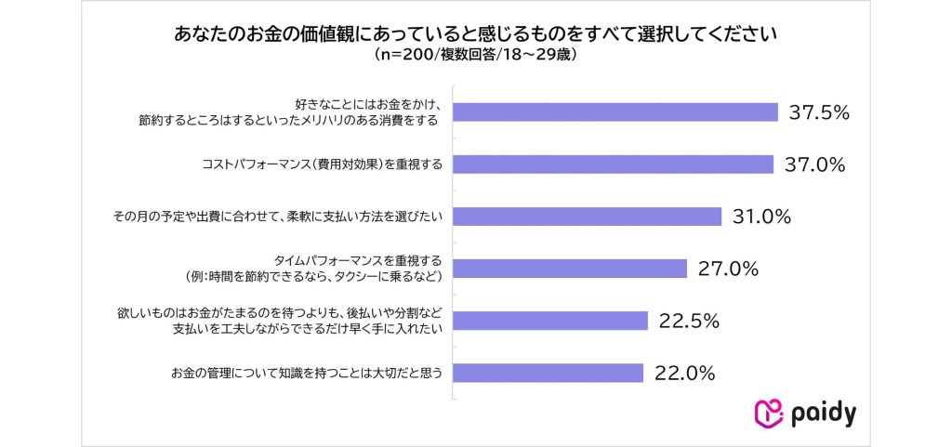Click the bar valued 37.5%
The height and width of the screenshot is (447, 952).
[x=615, y=112]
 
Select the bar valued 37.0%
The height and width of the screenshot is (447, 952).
[x=614, y=164]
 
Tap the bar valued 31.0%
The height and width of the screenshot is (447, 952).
[x=588, y=217]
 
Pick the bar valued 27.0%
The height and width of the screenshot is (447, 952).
[x=570, y=269]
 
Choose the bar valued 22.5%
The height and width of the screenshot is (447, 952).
[x=550, y=321]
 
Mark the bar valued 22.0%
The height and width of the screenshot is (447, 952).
[x=549, y=373]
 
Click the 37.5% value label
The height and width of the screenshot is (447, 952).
[x=820, y=112]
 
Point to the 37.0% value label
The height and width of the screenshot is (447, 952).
[x=814, y=164]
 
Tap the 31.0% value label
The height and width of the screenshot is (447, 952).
[x=760, y=217]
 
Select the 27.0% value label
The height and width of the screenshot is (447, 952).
[x=729, y=269]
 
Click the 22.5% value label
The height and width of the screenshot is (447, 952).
[x=689, y=321]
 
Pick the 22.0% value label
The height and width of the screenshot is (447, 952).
[x=684, y=373]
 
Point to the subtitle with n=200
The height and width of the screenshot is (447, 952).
[x=476, y=55]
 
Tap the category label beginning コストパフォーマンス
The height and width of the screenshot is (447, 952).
[x=322, y=164]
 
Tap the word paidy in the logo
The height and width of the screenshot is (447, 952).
[x=823, y=413]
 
